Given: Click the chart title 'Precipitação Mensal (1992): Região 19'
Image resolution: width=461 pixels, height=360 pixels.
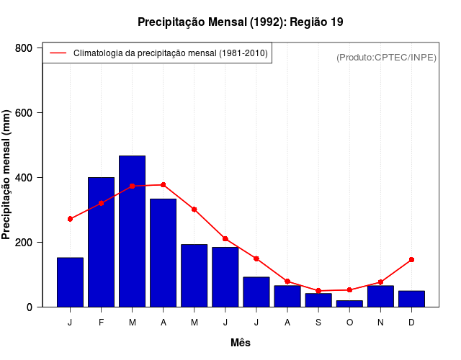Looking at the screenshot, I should pos(240,22).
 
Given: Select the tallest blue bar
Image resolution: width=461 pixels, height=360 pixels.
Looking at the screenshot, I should pos(132,231).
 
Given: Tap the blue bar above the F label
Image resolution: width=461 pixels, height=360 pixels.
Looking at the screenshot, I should pos(101,242).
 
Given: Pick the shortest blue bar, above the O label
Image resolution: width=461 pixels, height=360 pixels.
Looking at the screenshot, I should pos(349,304).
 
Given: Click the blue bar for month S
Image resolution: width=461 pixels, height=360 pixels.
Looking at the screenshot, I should pos(318,300).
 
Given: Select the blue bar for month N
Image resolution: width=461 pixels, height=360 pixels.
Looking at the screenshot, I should pos(380,297).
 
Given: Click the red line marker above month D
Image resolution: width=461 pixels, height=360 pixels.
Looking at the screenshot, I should pos(411,259).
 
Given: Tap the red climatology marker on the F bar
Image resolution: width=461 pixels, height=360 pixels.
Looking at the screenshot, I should pos(101,203).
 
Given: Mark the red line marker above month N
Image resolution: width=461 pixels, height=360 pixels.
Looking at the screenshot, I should pos(380,282).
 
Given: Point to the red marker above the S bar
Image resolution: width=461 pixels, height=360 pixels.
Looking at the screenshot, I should pos(318,291).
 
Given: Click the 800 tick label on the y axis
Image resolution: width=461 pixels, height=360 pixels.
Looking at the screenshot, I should pos(24,48).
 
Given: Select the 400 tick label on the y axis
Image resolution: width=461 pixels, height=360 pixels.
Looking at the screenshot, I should pos(24,178).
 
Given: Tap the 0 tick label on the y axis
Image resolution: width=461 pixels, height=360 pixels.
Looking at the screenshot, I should pos(30,307).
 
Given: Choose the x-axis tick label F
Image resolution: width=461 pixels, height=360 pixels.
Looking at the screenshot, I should pos(101,323).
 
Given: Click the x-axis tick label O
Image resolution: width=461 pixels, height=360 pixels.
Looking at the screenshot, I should pos(349,323).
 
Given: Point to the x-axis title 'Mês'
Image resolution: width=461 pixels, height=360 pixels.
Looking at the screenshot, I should pos(240,343).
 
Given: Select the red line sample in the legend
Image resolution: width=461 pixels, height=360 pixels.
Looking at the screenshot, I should pos(58,53).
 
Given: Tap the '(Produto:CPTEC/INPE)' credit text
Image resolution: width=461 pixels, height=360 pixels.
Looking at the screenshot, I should pos(386,57).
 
